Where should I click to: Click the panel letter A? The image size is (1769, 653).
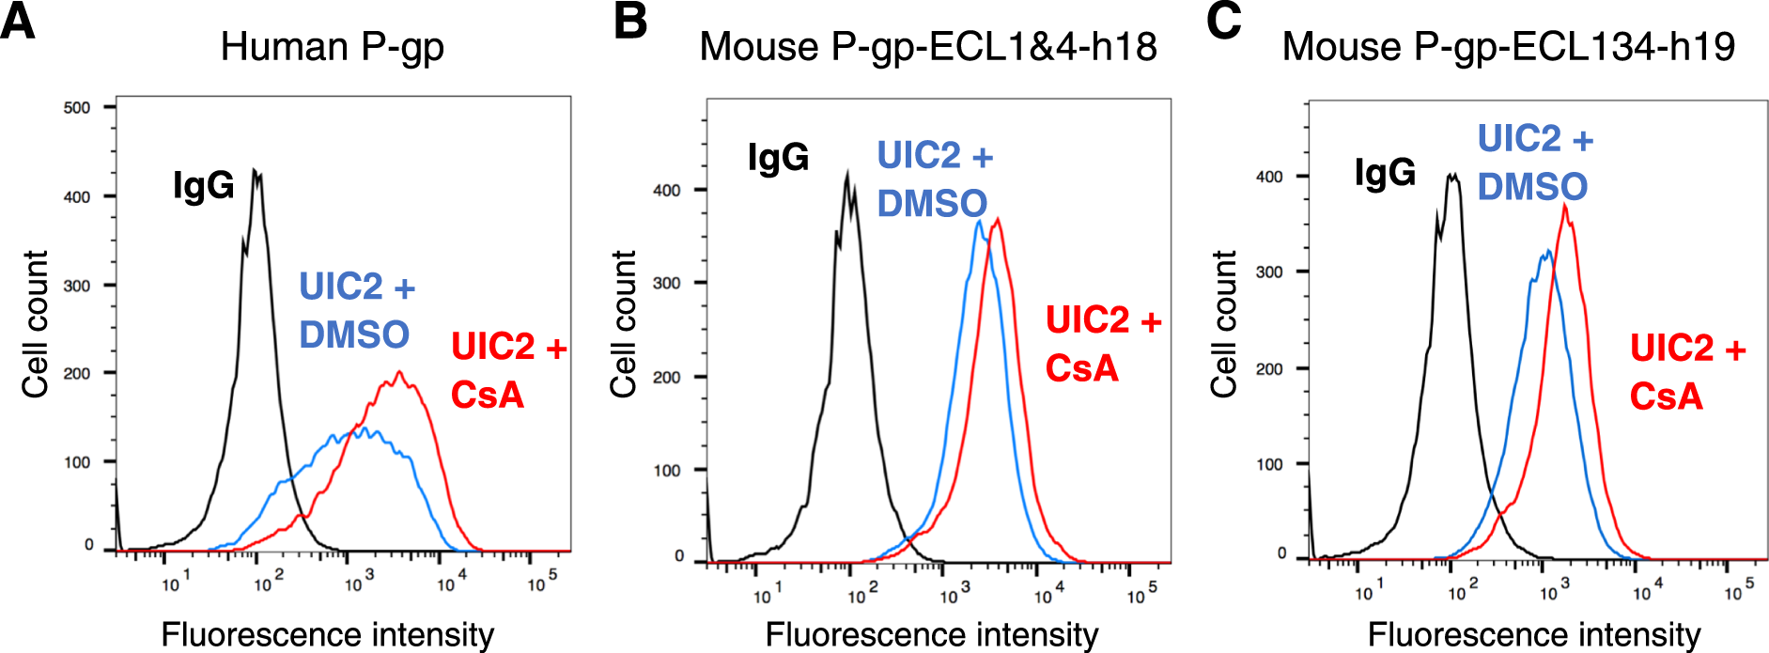18,21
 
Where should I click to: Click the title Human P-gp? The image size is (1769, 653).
332,47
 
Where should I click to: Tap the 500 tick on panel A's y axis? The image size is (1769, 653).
77,107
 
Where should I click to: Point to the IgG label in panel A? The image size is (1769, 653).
203,185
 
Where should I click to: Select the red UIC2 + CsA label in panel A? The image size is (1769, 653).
508,370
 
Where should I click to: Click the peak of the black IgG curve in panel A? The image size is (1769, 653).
256,172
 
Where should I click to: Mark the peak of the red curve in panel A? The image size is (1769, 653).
400,372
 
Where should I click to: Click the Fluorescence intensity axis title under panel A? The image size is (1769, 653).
327,634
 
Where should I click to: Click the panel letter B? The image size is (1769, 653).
629,21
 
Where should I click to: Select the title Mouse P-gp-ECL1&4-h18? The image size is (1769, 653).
927,47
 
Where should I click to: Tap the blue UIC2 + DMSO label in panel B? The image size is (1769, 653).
934,179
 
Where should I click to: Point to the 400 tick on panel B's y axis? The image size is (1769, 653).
667,190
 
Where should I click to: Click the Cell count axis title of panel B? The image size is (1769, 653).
624,323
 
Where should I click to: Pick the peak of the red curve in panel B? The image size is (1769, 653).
998,219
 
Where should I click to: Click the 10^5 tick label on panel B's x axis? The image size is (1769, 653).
1141,594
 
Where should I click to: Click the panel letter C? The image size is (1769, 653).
1223,21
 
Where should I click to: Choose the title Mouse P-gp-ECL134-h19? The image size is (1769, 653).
1508,47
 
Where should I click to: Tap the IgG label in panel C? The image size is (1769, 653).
1384,173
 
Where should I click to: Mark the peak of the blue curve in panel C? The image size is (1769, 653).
1547,251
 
